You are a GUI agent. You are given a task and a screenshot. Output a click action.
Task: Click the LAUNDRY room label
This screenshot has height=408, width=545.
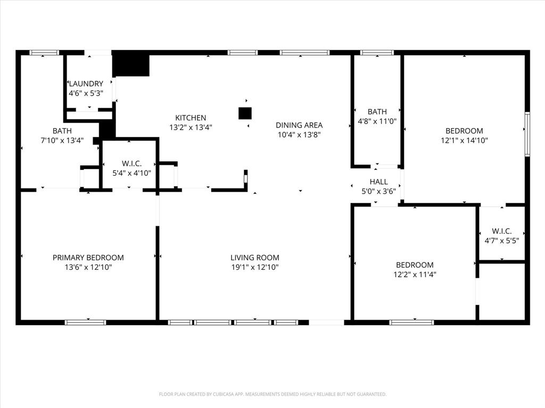point(85,83)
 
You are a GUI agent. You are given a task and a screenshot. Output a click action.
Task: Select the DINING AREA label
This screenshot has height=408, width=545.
point(299,125)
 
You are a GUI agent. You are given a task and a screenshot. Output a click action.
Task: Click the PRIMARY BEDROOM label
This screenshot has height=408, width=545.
point(88,258)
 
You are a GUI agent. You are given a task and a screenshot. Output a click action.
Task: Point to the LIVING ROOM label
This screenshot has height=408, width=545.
point(255,258)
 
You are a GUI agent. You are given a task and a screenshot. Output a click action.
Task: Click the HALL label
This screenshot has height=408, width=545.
point(378,182)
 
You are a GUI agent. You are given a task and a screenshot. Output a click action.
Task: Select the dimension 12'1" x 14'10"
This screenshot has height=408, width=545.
point(464,141)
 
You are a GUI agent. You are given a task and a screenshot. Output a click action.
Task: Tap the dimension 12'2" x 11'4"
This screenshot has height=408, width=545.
point(415,275)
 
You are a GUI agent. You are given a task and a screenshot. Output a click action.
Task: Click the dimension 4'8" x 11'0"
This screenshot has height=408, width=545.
point(377,121)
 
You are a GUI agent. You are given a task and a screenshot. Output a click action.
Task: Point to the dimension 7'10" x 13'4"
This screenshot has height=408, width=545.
point(62,141)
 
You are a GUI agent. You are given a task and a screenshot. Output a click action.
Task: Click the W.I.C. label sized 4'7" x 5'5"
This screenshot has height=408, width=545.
point(501,231)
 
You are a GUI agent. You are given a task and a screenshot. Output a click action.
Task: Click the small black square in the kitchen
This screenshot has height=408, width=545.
point(245,113)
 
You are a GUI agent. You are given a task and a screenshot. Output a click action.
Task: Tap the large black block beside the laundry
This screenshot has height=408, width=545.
point(131,64)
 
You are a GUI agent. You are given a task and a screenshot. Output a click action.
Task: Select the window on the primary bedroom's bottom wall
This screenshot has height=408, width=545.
point(85,322)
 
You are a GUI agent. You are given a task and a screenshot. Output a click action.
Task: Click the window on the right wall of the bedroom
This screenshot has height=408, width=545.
point(527,133)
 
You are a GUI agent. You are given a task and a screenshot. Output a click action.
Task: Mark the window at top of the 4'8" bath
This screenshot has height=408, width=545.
point(377,53)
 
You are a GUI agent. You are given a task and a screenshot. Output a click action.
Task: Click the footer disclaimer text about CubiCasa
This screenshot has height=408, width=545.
point(272,394)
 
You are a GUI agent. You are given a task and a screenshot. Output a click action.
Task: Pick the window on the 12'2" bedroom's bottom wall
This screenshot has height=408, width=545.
point(411,322)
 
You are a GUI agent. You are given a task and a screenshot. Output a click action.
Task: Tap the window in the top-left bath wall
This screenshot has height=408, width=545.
point(44,53)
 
